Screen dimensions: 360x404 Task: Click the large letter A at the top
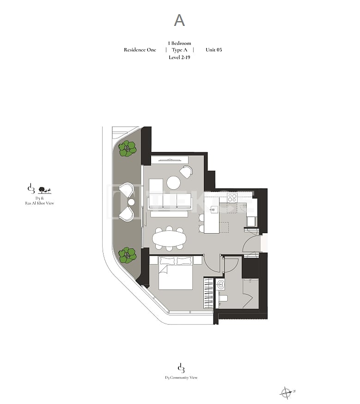pos(179,20)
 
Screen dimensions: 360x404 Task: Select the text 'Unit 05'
pos(214,50)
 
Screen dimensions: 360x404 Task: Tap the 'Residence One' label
pos(140,50)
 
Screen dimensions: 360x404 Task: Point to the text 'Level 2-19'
pos(179,57)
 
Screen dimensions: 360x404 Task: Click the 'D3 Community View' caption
pos(181,378)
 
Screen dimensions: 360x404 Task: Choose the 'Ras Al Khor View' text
pos(39,203)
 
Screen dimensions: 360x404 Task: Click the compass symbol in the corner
pos(286,393)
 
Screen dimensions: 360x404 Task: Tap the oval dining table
pos(169,238)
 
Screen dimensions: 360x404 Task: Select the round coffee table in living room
pos(173,183)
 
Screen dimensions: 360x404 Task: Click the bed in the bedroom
pos(175,273)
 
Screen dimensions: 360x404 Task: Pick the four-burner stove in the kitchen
pos(232,198)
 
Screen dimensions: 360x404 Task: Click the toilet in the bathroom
pos(223,298)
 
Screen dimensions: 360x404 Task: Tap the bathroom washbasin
pos(221,284)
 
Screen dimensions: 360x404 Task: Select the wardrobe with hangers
pos(208,293)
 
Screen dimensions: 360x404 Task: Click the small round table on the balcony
pos(132,202)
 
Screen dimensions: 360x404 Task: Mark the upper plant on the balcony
pos(127,149)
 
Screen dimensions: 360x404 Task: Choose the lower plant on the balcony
pos(127,255)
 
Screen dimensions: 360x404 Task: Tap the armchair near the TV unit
pos(186,172)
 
